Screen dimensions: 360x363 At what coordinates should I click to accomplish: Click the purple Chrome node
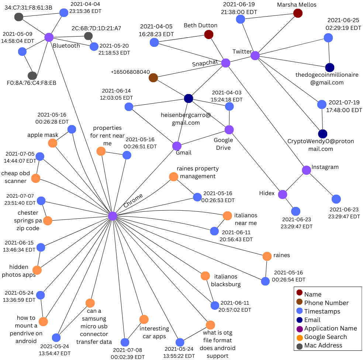point(113,216)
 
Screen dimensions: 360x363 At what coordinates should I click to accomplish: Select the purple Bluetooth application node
point(49,37)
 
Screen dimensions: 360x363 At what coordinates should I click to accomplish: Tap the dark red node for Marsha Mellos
point(298,13)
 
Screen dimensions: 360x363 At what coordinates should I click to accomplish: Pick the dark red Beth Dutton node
point(209,35)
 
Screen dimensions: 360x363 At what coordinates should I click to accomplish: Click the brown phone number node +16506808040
point(153,78)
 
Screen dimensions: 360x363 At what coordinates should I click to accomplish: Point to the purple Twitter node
point(255,56)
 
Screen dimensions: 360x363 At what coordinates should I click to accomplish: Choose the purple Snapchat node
point(226,63)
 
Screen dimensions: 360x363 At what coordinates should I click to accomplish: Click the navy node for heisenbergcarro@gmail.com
point(189,98)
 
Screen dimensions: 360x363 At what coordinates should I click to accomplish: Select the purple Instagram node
point(307,170)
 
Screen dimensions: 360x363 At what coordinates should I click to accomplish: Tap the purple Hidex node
point(283,194)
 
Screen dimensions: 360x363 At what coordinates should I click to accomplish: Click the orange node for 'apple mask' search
point(53,143)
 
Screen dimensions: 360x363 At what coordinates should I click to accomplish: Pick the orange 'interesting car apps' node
point(144,319)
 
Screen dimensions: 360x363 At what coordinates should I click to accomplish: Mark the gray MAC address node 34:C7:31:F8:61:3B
point(19,17)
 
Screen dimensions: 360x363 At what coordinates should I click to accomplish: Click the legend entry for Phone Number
point(326,303)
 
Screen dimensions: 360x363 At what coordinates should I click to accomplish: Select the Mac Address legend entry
point(323,345)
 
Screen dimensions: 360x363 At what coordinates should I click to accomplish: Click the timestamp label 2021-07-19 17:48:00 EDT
point(345,106)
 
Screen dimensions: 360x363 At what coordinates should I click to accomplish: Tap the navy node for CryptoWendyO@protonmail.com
point(323,134)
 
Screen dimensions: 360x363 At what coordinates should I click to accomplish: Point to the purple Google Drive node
point(229,130)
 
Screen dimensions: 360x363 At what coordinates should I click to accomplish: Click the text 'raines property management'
point(198,172)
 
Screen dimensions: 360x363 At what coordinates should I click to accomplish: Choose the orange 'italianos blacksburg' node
point(205,276)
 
